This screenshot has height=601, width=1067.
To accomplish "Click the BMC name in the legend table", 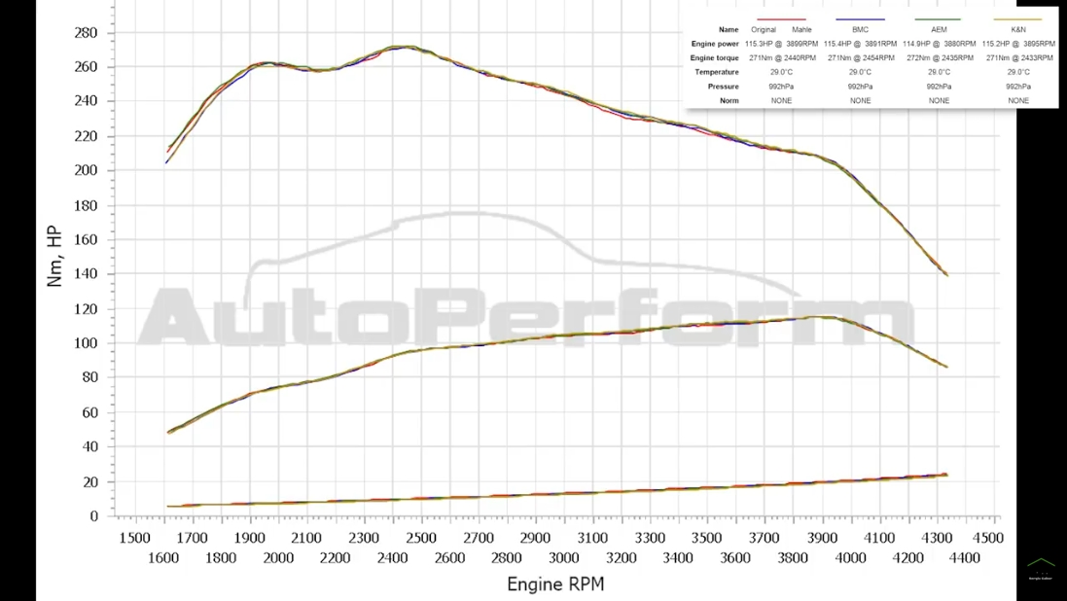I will tap(860, 30).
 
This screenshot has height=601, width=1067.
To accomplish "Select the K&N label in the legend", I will tap(1017, 30).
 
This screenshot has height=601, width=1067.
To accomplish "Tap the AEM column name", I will tap(939, 30).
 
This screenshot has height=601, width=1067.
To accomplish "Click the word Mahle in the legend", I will tap(801, 30).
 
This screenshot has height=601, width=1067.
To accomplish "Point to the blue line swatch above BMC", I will tap(860, 19).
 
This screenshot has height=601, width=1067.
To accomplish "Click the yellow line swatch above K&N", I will tap(1017, 19).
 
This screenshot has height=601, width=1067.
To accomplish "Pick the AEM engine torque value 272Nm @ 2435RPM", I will tap(939, 58).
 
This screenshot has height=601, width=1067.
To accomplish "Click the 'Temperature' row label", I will tap(716, 72).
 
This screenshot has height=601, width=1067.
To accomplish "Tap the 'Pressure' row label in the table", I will tap(723, 87).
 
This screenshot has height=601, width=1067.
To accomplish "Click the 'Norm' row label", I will tap(729, 101).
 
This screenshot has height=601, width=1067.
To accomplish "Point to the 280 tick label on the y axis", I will tap(86, 32).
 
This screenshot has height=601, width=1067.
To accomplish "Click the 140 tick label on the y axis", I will tap(86, 274).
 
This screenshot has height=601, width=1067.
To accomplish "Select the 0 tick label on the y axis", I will tap(93, 516).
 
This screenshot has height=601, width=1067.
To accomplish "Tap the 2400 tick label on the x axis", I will tap(393, 557).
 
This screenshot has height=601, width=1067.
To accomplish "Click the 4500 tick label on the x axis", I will tap(987, 538).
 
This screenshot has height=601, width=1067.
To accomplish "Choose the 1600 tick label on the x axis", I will tap(163, 557).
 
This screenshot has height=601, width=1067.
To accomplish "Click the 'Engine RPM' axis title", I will tap(555, 584).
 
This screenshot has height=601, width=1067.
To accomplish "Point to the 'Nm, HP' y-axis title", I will tap(54, 256).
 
